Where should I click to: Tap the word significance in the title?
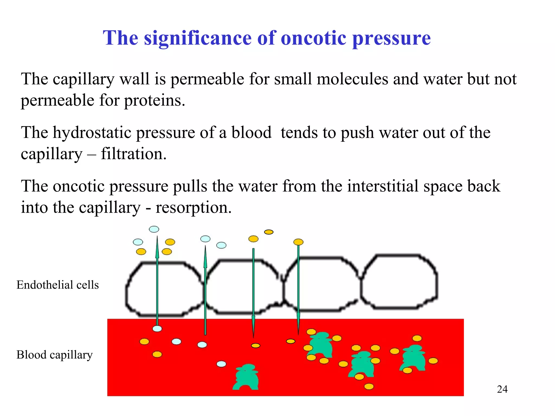point(198,38)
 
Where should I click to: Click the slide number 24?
point(502,389)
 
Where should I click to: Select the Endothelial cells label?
point(57,285)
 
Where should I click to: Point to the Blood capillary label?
point(54,355)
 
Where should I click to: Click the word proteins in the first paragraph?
point(154,101)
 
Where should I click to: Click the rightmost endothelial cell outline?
point(399,282)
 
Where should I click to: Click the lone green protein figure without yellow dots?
point(246,377)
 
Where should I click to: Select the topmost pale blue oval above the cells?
point(154,229)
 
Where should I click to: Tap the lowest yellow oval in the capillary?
point(369,386)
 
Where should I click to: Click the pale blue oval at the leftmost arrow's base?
point(157,329)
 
